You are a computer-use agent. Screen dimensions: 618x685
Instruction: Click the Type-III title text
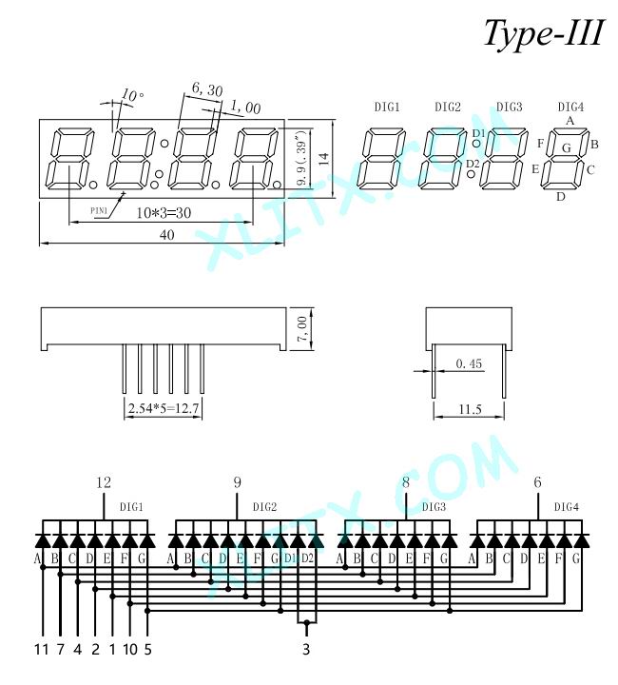click(544, 33)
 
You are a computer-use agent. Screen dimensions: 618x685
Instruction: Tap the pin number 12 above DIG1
click(104, 482)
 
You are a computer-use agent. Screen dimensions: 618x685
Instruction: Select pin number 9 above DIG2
click(237, 482)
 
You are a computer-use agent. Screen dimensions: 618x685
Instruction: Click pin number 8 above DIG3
click(406, 482)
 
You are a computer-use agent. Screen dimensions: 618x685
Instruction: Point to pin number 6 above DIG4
click(537, 482)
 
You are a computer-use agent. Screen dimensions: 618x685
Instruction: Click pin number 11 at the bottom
click(41, 649)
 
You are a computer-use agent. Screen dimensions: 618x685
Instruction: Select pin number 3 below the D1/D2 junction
click(306, 649)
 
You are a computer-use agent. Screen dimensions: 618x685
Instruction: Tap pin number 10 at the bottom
click(130, 649)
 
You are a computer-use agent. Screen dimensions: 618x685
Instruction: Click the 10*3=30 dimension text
click(164, 213)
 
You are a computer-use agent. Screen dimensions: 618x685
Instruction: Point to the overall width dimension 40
click(166, 235)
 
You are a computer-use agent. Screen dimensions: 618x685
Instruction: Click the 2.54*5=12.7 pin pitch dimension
click(164, 408)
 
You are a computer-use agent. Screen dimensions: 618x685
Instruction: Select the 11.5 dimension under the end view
click(470, 409)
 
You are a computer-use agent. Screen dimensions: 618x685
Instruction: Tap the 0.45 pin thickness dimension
click(469, 363)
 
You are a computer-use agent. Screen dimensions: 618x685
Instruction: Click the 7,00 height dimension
click(302, 329)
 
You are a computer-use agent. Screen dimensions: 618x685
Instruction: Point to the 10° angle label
click(132, 95)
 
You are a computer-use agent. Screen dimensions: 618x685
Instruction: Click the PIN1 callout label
click(99, 211)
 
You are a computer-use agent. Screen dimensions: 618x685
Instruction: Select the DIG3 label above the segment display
click(509, 107)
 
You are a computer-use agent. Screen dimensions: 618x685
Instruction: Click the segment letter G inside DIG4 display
click(567, 148)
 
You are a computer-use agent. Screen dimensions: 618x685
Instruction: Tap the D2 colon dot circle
click(472, 174)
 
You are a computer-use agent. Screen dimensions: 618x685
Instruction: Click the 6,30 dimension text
click(207, 90)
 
